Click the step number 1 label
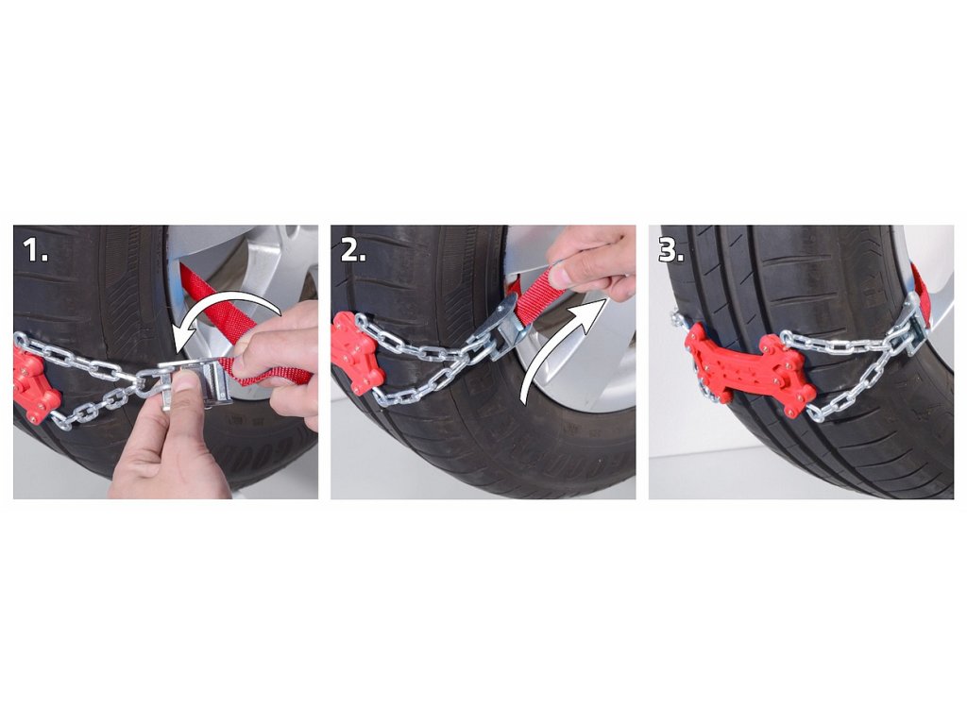coord(35,250)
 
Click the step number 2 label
coord(353,250)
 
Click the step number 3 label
coord(671,250)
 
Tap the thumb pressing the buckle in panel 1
coord(185,396)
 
